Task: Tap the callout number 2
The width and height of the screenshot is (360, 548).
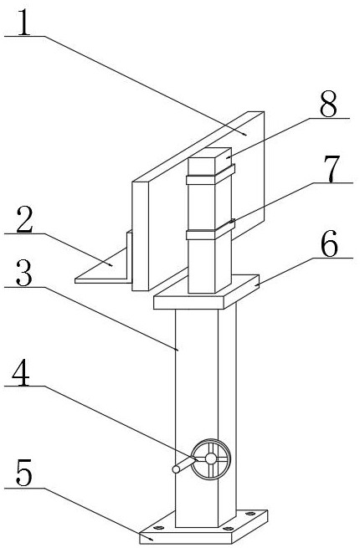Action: pos(24,219)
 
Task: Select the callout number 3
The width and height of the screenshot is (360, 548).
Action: pos(23,274)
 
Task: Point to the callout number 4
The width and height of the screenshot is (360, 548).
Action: pos(21,372)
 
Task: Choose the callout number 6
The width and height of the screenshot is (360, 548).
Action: pos(330,243)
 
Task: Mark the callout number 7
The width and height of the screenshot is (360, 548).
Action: pos(332,169)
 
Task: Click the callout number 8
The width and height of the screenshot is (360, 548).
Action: pos(329,104)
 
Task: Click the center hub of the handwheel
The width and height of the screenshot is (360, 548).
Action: pos(211,458)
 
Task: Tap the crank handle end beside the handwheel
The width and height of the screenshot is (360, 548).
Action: pos(177,469)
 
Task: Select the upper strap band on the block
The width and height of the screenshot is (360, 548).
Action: pos(210,176)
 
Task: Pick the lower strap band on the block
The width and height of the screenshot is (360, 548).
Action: pos(210,231)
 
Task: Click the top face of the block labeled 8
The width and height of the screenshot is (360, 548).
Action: pos(210,152)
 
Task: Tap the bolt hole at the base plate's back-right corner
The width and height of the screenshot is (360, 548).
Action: pos(250,514)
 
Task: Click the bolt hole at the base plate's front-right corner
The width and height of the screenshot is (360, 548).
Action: pos(228,528)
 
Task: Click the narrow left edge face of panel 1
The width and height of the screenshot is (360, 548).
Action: pos(141,236)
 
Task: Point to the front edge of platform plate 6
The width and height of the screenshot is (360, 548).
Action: pos(188,303)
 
